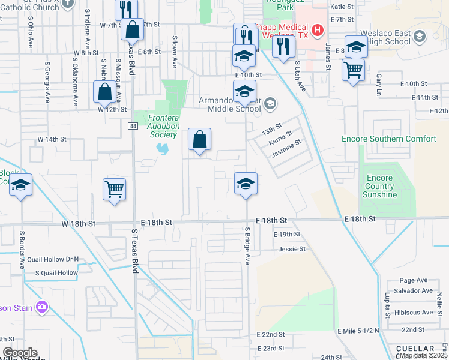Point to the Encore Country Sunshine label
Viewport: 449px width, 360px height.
(x=379, y=186)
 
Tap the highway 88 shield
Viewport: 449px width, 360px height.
(x=132, y=125)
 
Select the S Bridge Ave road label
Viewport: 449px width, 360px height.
(x=247, y=245)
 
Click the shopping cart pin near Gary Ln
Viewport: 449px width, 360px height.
(x=354, y=70)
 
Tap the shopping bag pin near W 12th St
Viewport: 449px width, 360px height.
(x=105, y=92)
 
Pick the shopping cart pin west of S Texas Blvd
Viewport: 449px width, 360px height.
(x=114, y=190)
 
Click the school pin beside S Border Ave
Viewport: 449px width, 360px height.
(x=20, y=185)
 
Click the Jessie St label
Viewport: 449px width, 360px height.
(x=292, y=248)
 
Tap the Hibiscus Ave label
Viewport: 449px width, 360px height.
(x=413, y=313)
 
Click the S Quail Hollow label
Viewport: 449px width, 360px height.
(x=56, y=272)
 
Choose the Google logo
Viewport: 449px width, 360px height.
(x=20, y=353)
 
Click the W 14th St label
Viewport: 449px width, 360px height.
(x=52, y=139)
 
